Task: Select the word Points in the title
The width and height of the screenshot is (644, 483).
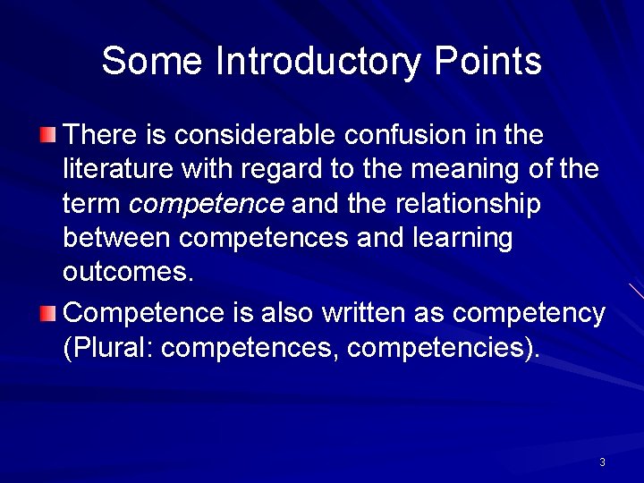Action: [487, 62]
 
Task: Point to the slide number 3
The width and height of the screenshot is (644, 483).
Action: [602, 462]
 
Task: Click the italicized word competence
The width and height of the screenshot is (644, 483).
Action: [207, 205]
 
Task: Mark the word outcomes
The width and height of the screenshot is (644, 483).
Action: [128, 273]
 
